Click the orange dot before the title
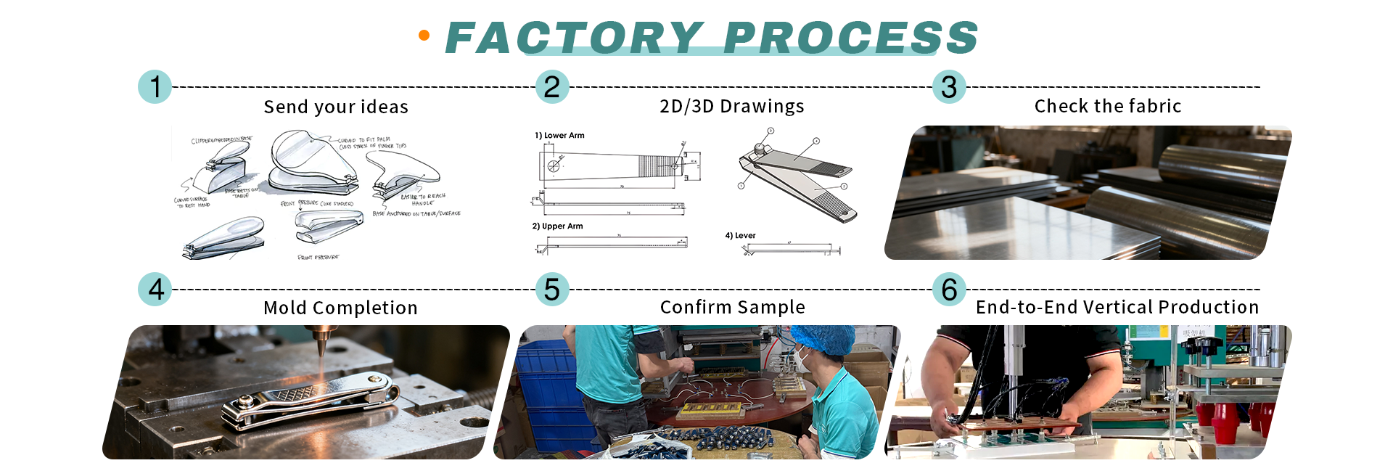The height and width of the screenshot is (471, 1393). tap(424, 35)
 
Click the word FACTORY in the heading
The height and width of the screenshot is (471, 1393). tap(575, 38)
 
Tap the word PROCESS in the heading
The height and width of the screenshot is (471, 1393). tap(850, 38)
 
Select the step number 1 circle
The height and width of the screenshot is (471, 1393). tap(155, 87)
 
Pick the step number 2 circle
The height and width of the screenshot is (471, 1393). tap(552, 87)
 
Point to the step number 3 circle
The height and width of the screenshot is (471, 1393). tap(949, 87)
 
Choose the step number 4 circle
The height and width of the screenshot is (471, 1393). tap(155, 290)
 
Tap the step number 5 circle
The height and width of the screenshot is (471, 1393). tap(552, 290)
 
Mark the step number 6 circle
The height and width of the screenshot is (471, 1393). tap(949, 290)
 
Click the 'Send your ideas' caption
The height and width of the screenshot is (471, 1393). tap(336, 107)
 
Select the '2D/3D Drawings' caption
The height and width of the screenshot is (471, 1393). tap(731, 107)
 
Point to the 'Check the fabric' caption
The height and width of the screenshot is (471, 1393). tap(1107, 107)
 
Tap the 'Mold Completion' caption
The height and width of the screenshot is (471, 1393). tap(340, 308)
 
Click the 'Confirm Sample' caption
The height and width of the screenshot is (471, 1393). tap(732, 307)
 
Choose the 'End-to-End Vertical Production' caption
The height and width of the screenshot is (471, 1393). tap(1117, 307)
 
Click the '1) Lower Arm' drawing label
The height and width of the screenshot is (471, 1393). tap(559, 136)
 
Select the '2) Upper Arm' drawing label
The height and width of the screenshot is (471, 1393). tap(557, 226)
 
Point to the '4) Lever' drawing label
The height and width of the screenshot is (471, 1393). tap(740, 236)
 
